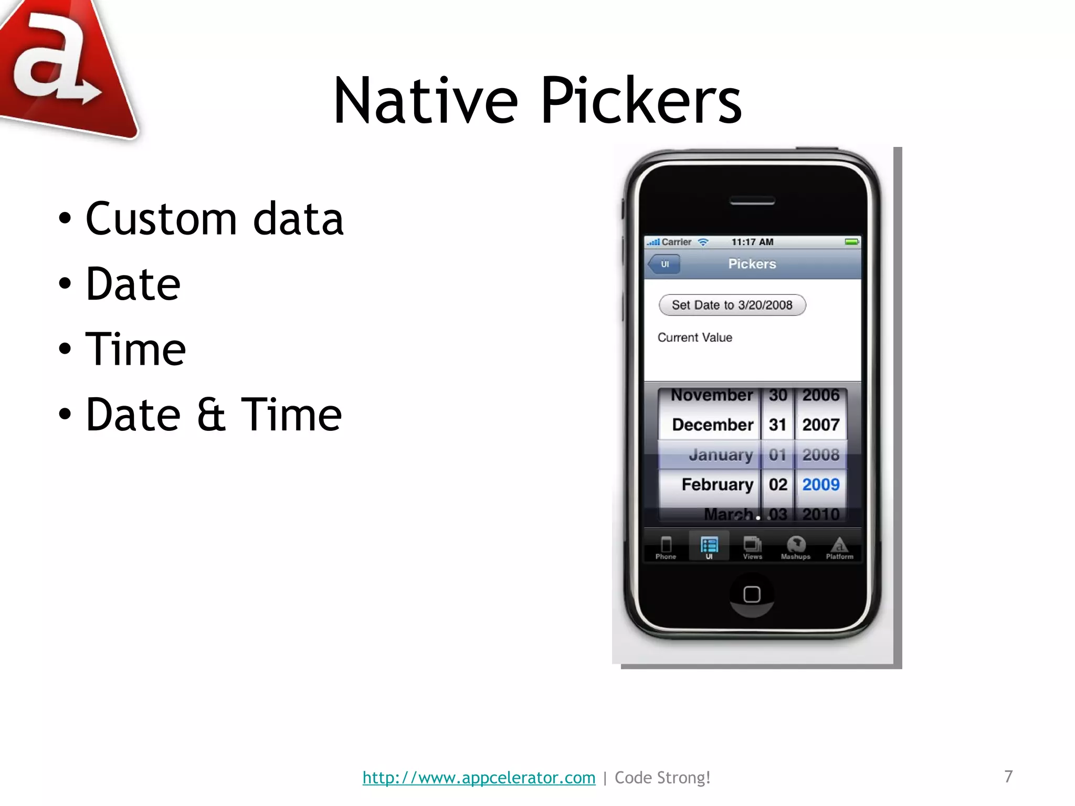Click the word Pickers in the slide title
pyautogui.click(x=640, y=101)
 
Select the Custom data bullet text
pyautogui.click(x=214, y=218)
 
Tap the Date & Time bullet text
pyautogui.click(x=214, y=415)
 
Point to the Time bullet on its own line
pyautogui.click(x=135, y=349)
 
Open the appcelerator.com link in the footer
pyautogui.click(x=479, y=777)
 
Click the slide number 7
pyautogui.click(x=1008, y=776)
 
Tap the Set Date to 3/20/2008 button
pyautogui.click(x=732, y=305)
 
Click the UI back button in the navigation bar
pyautogui.click(x=664, y=264)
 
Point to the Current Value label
pyautogui.click(x=694, y=337)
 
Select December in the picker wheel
pyautogui.click(x=712, y=425)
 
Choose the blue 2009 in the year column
pyautogui.click(x=820, y=484)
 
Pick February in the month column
pyautogui.click(x=717, y=484)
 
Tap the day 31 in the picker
pyautogui.click(x=777, y=425)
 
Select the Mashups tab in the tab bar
pyautogui.click(x=796, y=547)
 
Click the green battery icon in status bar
pyautogui.click(x=851, y=242)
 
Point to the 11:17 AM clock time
pyautogui.click(x=752, y=242)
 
